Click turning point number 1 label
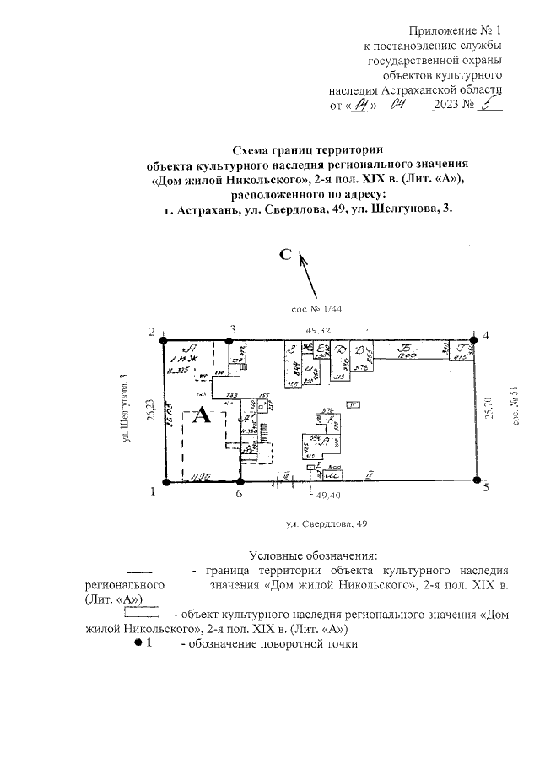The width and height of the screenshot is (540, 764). coord(153,491)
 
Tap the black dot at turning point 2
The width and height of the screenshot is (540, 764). coord(165,334)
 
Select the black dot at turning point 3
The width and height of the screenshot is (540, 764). coord(232,335)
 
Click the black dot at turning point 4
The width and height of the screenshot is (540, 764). coord(474,336)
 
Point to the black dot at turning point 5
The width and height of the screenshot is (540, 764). coord(477,482)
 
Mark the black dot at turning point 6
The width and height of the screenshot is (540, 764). coord(240,482)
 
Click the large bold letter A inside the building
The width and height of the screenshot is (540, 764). coord(202,416)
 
